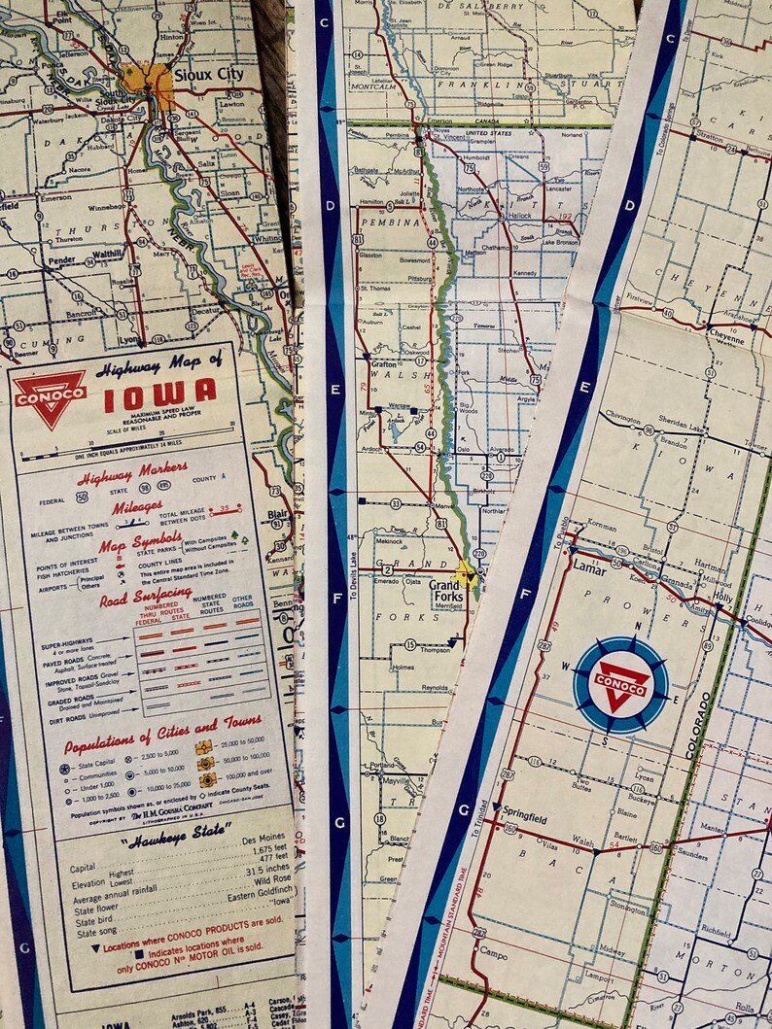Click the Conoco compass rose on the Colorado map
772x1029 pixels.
[x=621, y=684]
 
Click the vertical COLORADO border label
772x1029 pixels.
[x=693, y=724]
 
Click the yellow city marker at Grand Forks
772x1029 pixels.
[x=467, y=574]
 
